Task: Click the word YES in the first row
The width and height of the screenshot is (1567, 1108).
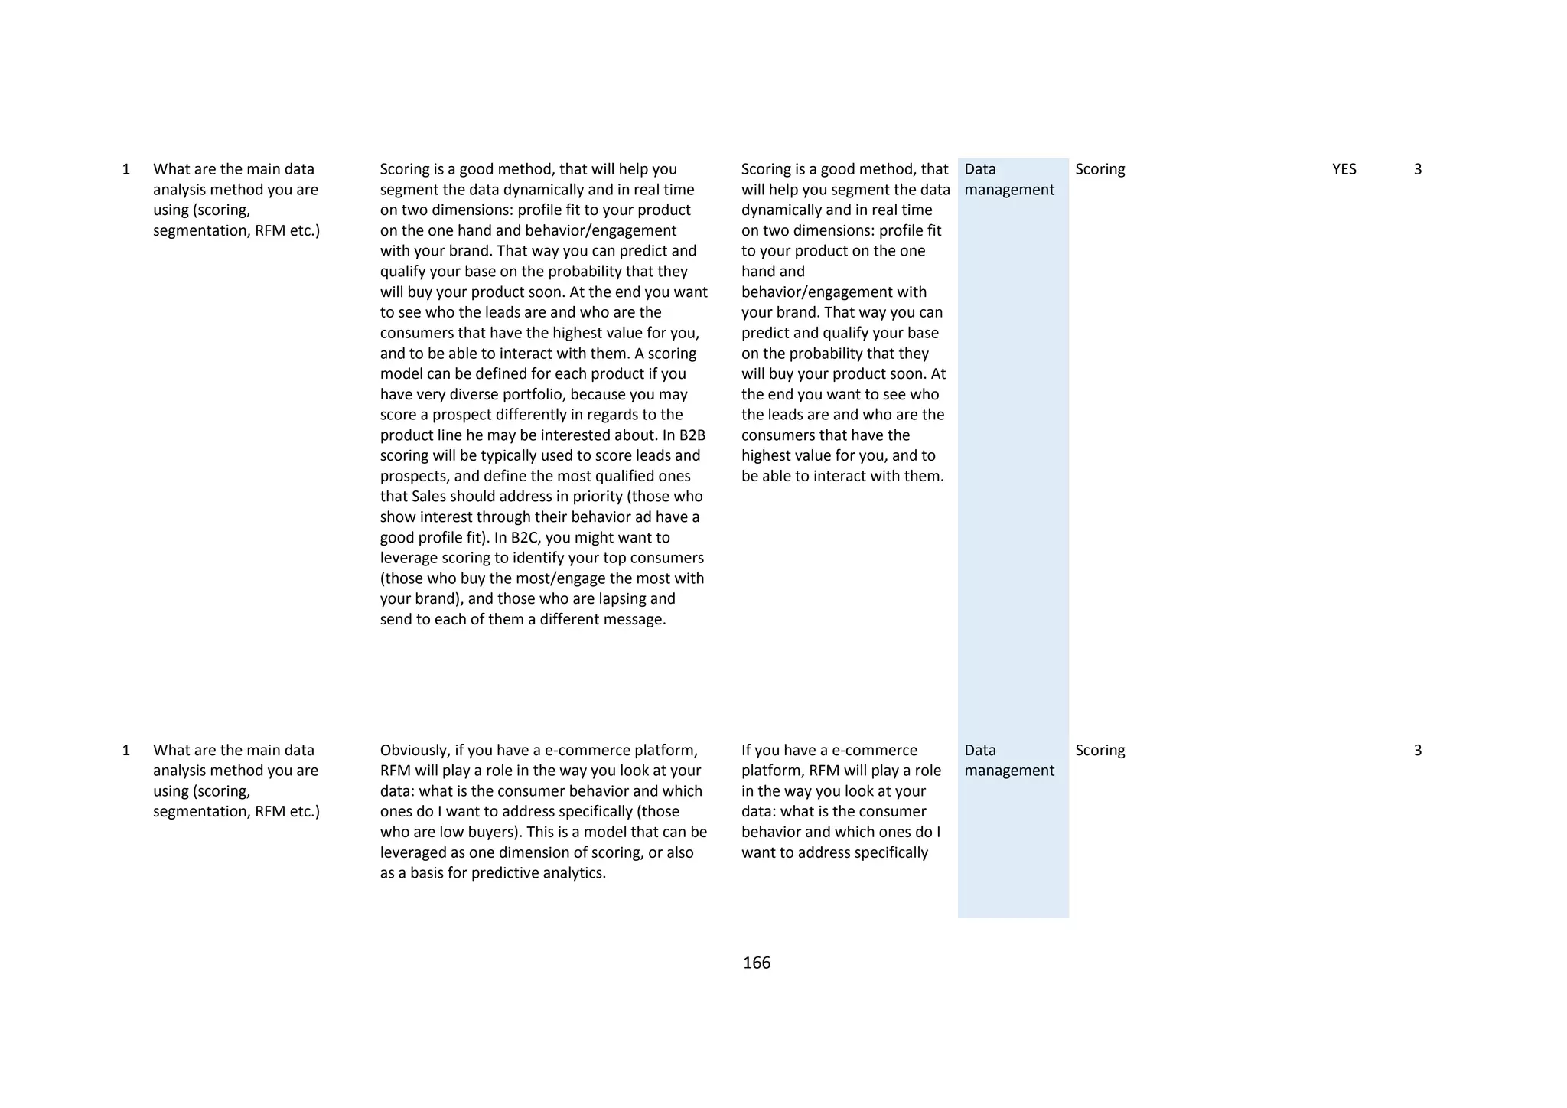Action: (x=1344, y=169)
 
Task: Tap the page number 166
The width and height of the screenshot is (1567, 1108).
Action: (x=756, y=963)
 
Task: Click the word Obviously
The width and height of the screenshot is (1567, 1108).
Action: (x=413, y=751)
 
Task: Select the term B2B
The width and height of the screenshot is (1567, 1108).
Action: (x=692, y=435)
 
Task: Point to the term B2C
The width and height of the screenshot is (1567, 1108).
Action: (x=527, y=537)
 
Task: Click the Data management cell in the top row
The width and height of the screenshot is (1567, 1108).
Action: (x=1008, y=179)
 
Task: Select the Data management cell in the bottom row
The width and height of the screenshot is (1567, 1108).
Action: (x=1008, y=761)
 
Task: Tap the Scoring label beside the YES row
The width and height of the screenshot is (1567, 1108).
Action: (x=1100, y=169)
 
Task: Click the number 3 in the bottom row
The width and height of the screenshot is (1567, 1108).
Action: (x=1417, y=751)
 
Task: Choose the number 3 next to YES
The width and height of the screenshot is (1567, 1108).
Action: (x=1417, y=169)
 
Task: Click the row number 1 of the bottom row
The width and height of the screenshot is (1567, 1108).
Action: (x=126, y=751)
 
